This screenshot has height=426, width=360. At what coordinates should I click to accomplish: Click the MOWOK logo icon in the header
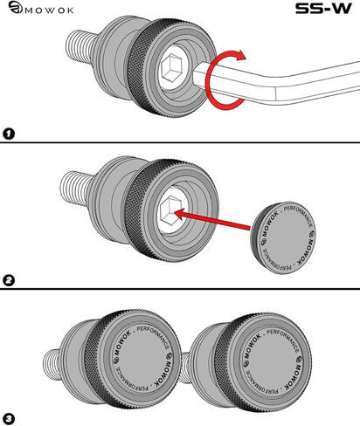[15, 7]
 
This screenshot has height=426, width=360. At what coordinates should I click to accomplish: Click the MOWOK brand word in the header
[49, 10]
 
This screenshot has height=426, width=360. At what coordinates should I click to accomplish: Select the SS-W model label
[323, 9]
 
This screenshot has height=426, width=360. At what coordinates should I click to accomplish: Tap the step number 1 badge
[9, 134]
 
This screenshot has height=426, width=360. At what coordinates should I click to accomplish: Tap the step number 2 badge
[9, 280]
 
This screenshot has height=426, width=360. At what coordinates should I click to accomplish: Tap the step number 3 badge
[9, 419]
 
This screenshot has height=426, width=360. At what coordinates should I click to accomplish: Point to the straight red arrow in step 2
[211, 219]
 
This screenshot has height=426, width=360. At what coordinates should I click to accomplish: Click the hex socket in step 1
[171, 67]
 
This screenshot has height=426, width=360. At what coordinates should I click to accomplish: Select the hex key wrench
[277, 84]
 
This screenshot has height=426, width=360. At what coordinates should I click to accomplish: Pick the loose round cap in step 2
[283, 238]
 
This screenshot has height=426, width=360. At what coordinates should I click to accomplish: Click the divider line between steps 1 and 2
[180, 142]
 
